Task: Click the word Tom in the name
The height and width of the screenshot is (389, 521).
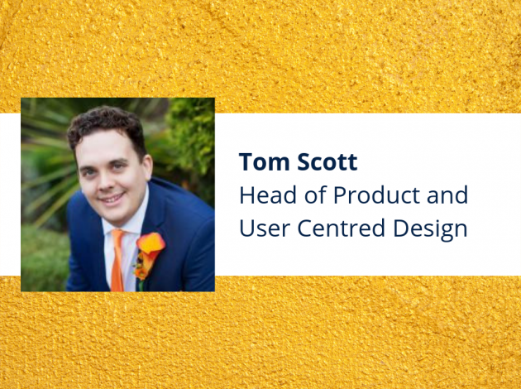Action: pyautogui.click(x=264, y=162)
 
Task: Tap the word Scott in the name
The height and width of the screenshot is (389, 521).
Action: pyautogui.click(x=327, y=162)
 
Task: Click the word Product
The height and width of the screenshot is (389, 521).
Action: pyautogui.click(x=376, y=194)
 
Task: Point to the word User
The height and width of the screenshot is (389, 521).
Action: pyautogui.click(x=265, y=228)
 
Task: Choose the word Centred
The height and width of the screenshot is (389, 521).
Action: pyautogui.click(x=342, y=228)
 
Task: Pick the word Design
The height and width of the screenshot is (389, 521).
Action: pyautogui.click(x=430, y=230)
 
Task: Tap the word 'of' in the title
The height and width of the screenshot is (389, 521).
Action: pyautogui.click(x=315, y=194)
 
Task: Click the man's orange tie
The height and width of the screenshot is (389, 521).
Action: pyautogui.click(x=117, y=260)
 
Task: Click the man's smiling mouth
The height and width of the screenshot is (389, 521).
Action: pyautogui.click(x=112, y=198)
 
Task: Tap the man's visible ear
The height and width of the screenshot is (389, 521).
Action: pyautogui.click(x=147, y=168)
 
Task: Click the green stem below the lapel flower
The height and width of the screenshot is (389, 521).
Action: pyautogui.click(x=141, y=286)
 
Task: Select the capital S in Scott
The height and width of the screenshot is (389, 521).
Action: pyautogui.click(x=304, y=162)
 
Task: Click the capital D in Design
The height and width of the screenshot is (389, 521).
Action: pyautogui.click(x=401, y=228)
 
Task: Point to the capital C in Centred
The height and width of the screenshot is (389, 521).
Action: pyautogui.click(x=304, y=228)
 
